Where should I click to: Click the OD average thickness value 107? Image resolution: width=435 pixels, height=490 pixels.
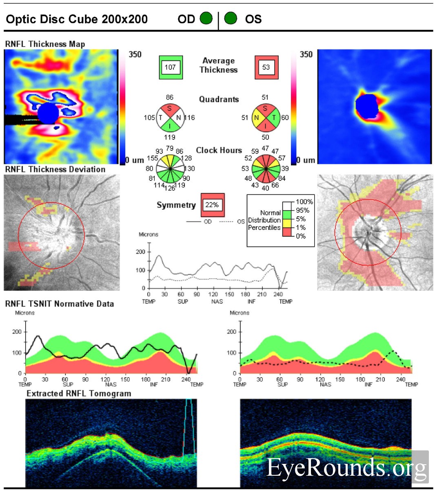pyautogui.click(x=170, y=67)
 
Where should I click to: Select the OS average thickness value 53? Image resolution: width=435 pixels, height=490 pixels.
pyautogui.click(x=266, y=67)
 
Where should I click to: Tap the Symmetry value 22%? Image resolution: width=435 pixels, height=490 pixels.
pyautogui.click(x=212, y=205)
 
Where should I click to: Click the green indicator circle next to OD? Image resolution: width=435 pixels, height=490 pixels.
pyautogui.click(x=206, y=19)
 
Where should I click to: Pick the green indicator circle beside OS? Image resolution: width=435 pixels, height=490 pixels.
pyautogui.click(x=231, y=19)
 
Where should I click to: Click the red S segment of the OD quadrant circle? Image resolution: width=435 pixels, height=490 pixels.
pyautogui.click(x=169, y=109)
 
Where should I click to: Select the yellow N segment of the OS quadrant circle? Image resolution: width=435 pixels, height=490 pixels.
pyautogui.click(x=257, y=118)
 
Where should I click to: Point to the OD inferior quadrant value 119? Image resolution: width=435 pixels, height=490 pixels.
pyautogui.click(x=169, y=138)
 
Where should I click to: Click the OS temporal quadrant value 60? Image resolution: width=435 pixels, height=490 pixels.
pyautogui.click(x=285, y=118)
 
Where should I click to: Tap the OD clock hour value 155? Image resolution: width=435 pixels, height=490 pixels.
pyautogui.click(x=152, y=158)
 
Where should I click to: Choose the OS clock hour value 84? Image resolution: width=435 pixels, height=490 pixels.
pyautogui.click(x=282, y=178)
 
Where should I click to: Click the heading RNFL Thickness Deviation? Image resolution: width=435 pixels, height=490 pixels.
pyautogui.click(x=55, y=169)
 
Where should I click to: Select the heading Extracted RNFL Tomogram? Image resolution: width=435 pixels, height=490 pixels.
pyautogui.click(x=79, y=394)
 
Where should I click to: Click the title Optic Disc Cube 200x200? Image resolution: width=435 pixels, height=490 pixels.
pyautogui.click(x=77, y=19)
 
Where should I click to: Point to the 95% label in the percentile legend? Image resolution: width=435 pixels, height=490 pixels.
pyautogui.click(x=302, y=210)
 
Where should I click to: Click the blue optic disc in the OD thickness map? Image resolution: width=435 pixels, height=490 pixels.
pyautogui.click(x=48, y=113)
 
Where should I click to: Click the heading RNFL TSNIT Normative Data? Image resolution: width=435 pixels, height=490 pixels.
pyautogui.click(x=60, y=304)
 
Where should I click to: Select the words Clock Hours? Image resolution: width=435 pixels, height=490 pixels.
pyautogui.click(x=219, y=150)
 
